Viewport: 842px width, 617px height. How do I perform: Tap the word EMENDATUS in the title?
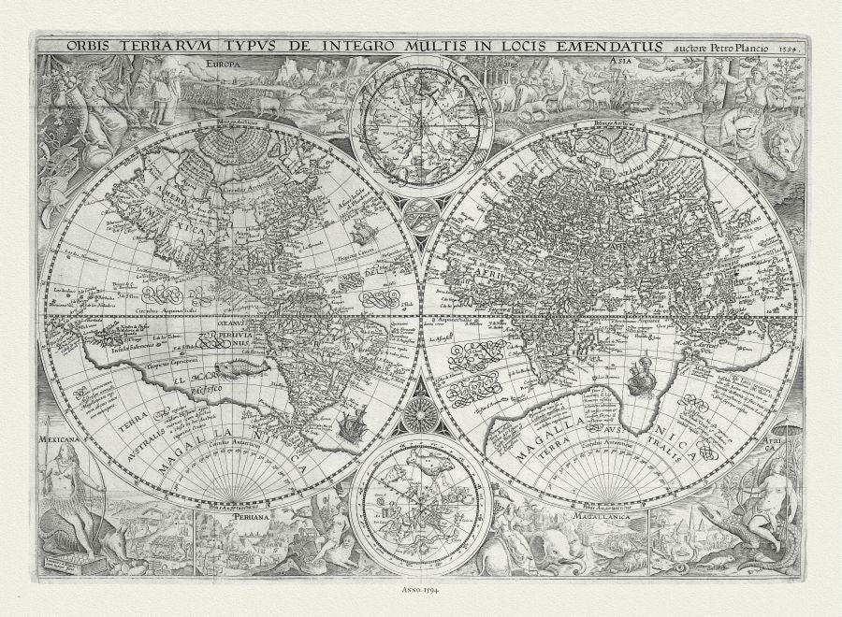coord(615,45)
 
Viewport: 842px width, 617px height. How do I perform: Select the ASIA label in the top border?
coord(618,63)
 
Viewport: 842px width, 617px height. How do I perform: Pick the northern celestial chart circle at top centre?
coord(421,126)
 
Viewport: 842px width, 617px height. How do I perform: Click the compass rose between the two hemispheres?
coord(421,412)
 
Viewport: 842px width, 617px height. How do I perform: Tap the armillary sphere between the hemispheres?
coord(421,210)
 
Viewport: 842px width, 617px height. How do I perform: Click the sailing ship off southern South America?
coord(354,426)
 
